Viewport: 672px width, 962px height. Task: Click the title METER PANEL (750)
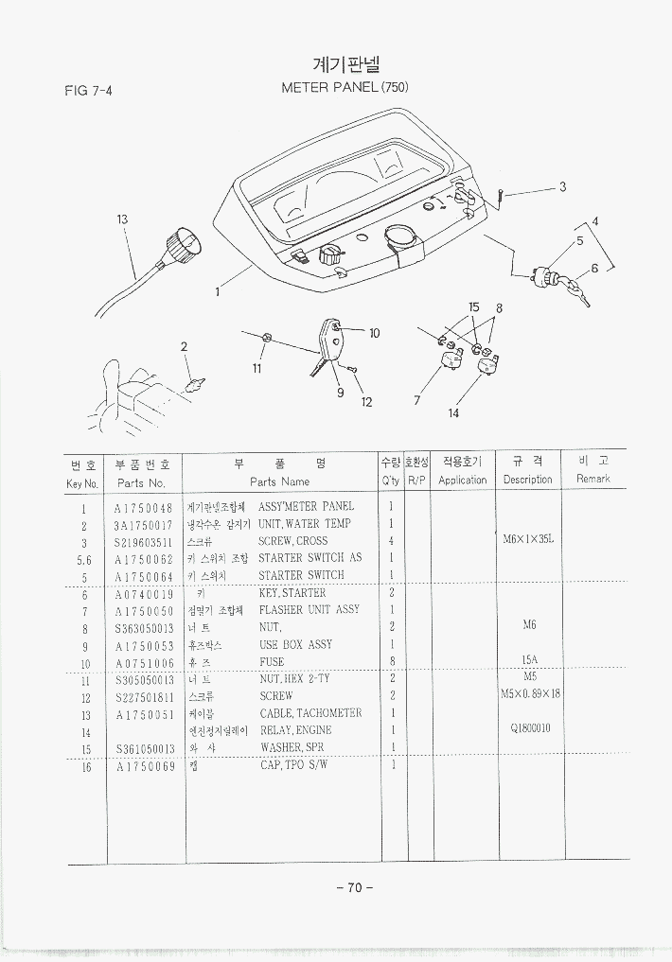[345, 87]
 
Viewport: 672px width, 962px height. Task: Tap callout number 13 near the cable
[122, 219]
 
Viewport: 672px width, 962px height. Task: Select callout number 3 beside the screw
[562, 186]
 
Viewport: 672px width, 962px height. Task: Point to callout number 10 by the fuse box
[374, 333]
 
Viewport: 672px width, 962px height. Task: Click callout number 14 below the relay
[453, 412]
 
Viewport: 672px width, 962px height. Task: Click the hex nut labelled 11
[268, 338]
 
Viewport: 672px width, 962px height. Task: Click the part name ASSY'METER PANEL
[306, 507]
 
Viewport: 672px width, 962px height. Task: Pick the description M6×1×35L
[527, 540]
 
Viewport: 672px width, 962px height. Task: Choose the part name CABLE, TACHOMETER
[310, 713]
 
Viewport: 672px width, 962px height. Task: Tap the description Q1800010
[530, 729]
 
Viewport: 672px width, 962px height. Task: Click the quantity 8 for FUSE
[391, 661]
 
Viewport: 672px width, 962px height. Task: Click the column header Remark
[593, 479]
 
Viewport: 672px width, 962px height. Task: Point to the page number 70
[355, 887]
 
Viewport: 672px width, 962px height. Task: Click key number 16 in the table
[83, 765]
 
